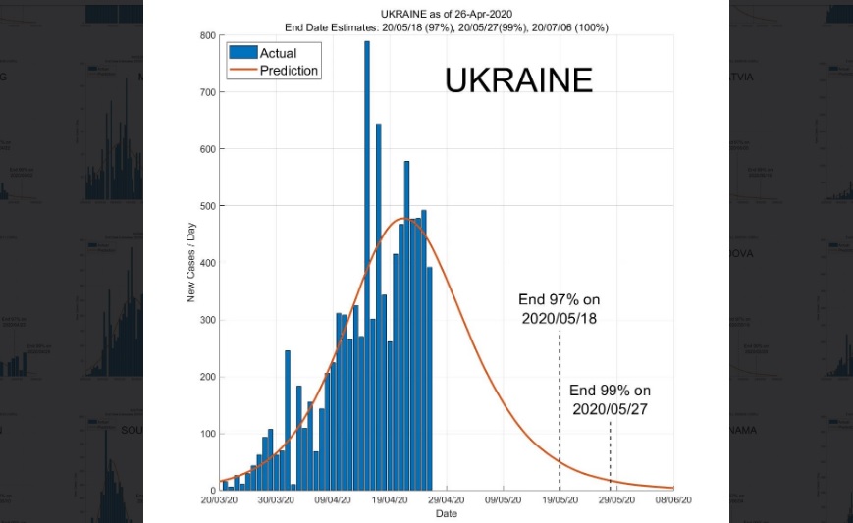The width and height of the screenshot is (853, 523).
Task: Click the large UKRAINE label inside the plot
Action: [x=518, y=79]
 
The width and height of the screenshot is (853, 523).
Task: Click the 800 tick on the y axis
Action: [x=207, y=35]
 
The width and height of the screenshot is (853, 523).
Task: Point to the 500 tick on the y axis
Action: [x=207, y=206]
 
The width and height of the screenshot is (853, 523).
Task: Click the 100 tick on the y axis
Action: [x=207, y=434]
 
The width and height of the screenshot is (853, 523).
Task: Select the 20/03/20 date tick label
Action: [x=219, y=500]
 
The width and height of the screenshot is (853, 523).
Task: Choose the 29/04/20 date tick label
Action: [x=447, y=500]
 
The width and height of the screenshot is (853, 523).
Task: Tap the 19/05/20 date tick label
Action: [x=560, y=500]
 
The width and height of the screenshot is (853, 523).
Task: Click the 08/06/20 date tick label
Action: [x=674, y=500]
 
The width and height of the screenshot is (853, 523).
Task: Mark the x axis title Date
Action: [x=447, y=513]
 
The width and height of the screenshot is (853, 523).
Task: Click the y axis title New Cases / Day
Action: [x=191, y=262]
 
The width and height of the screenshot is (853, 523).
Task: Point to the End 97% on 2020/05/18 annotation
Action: [x=559, y=309]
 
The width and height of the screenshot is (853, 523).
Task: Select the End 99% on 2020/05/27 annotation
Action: [x=610, y=399]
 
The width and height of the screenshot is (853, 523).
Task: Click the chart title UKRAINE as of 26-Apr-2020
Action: [x=447, y=14]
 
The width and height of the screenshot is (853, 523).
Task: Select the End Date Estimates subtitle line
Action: [x=447, y=26]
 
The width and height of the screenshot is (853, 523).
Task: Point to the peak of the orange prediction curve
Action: [x=403, y=218]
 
